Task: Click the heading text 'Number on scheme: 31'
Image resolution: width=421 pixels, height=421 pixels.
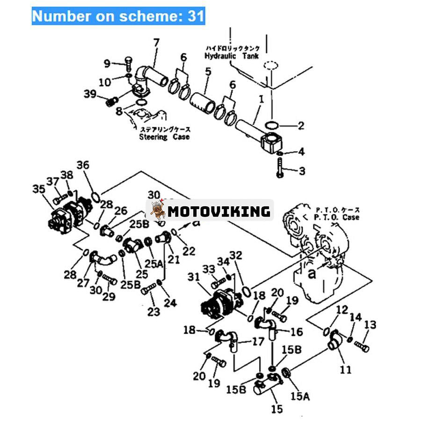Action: click(118, 16)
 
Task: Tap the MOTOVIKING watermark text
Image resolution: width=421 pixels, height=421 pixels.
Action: click(219, 211)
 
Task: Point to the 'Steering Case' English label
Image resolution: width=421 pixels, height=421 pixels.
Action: click(164, 137)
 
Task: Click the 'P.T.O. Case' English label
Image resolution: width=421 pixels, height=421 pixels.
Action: click(337, 217)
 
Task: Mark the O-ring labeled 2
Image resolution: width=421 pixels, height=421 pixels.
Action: click(271, 125)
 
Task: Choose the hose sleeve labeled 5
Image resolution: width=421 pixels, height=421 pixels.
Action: click(203, 100)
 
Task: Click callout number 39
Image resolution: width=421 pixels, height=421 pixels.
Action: click(90, 94)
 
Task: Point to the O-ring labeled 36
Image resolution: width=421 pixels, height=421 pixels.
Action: click(94, 196)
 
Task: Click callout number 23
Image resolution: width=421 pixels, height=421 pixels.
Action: click(154, 311)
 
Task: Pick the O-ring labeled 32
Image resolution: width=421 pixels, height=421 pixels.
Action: click(246, 292)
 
